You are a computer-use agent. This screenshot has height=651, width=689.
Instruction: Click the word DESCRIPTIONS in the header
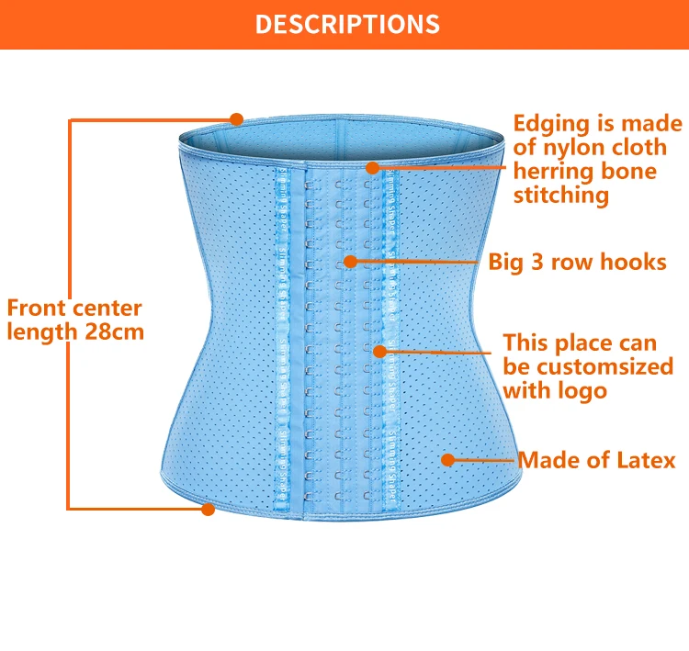coord(346,23)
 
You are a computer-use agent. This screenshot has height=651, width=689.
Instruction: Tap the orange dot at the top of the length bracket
coord(236,118)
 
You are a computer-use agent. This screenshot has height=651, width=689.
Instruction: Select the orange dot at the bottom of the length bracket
coord(208,509)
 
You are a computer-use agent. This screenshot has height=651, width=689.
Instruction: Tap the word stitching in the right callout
coord(560,195)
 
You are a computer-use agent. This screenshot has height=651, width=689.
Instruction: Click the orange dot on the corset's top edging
coord(372,168)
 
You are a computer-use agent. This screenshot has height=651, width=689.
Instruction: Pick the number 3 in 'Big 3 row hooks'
coord(533,262)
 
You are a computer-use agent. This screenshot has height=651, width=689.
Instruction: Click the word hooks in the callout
coord(635,262)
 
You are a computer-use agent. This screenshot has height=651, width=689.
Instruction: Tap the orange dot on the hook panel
coord(349,262)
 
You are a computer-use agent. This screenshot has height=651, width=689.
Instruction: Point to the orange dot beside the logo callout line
coord(378,350)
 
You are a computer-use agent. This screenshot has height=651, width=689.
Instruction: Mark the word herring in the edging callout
coord(550,171)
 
